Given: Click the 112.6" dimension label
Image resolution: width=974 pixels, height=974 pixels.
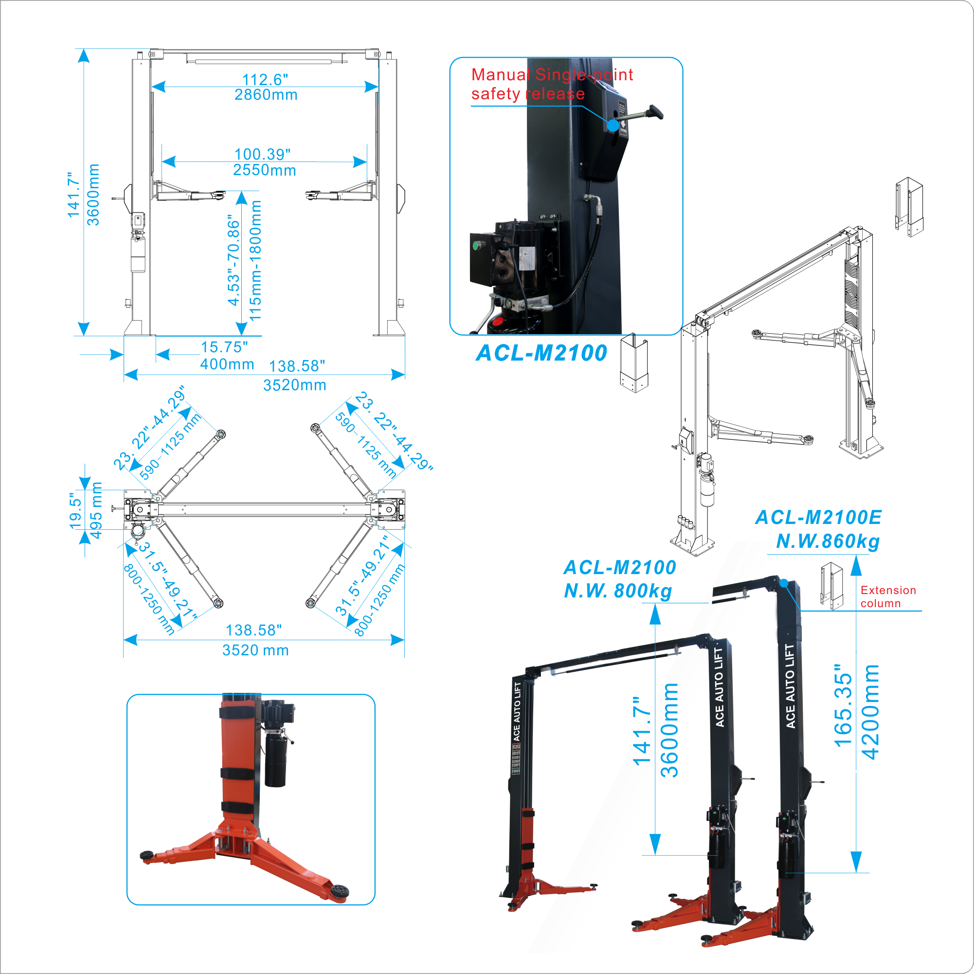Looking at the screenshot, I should (265, 79).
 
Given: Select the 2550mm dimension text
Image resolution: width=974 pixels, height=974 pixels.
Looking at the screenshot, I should (265, 170).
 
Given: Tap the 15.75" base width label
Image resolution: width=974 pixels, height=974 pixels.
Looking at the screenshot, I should (224, 347).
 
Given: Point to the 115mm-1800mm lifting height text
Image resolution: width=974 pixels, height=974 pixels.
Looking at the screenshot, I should (255, 260).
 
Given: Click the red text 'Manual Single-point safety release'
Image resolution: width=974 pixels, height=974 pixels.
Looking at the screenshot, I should (552, 84).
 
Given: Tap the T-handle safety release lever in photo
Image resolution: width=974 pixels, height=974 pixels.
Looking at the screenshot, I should (655, 111).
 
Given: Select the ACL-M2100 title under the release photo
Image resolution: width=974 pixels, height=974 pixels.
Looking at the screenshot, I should (541, 352).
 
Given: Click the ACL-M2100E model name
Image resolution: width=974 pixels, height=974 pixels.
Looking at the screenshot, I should (818, 517).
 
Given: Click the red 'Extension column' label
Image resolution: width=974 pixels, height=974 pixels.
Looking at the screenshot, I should (887, 596).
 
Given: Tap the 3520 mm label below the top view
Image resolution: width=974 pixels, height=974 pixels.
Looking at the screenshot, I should (255, 650).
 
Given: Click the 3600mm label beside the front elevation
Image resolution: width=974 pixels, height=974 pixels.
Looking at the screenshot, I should (93, 195).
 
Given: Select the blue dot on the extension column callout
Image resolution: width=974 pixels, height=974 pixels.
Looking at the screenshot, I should (784, 583).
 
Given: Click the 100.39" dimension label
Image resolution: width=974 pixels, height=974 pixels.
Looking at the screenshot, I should (263, 154).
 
